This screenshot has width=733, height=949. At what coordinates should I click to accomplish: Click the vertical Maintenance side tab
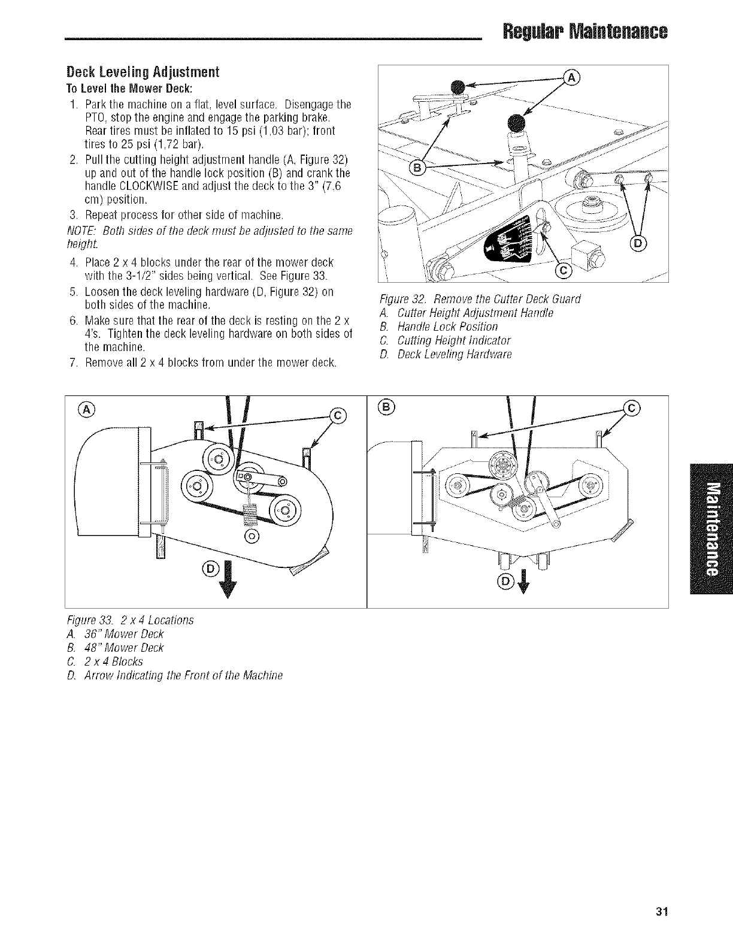[x=711, y=528]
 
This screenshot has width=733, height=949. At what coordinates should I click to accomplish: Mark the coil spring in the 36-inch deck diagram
[x=251, y=510]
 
